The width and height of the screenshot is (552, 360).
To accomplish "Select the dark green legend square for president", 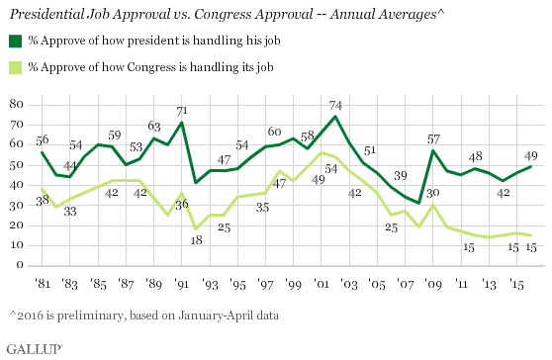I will click(x=15, y=40).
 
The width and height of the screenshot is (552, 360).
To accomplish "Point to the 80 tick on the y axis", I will click(x=17, y=104).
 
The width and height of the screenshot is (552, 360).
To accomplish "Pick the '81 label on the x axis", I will click(x=43, y=284).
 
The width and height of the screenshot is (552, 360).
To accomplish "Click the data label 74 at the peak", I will click(x=337, y=105).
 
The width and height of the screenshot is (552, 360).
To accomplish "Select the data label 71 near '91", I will click(x=181, y=111).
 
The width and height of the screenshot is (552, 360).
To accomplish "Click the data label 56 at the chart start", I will click(x=43, y=140).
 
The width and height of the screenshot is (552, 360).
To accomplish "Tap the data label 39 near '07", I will click(x=401, y=176).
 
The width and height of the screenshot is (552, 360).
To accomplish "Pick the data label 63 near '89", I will click(x=153, y=127).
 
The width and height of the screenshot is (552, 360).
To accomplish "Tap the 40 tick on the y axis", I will click(x=17, y=185).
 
